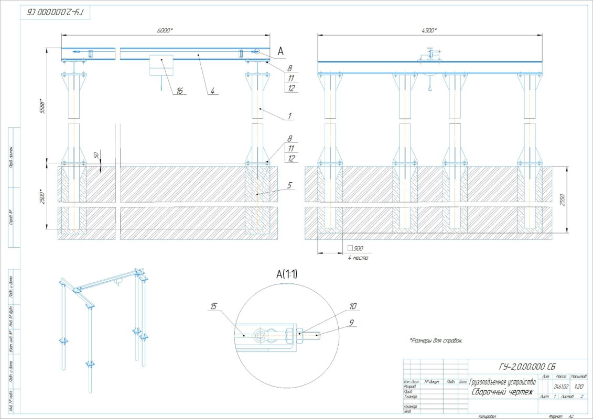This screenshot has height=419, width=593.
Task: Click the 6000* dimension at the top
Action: [x=165, y=31]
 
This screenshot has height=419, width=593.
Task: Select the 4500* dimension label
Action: [x=428, y=31]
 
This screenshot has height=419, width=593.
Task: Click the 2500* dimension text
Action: [x=46, y=197]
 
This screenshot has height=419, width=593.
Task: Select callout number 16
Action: [x=179, y=91]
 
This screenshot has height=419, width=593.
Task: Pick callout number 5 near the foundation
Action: [x=289, y=184]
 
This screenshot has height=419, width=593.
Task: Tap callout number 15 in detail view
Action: [x=214, y=306]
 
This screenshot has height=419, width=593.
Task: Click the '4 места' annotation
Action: [x=358, y=258]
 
